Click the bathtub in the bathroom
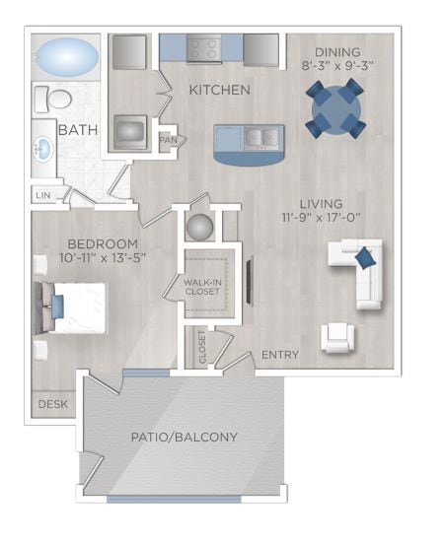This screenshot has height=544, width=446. click(65, 53)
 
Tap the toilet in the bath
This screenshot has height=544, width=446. click(55, 99)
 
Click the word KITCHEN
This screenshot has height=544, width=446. click(219, 90)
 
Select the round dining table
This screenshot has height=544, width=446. click(334, 108)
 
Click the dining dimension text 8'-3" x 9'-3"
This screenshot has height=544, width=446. click(336, 66)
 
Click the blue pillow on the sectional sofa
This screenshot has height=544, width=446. click(364, 259)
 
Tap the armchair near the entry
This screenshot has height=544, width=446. click(336, 338)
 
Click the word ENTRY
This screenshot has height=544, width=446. click(280, 355)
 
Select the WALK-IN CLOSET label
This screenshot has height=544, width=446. click(204, 286)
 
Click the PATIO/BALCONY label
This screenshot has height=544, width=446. click(184, 437)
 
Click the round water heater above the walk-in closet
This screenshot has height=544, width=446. click(200, 226)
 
